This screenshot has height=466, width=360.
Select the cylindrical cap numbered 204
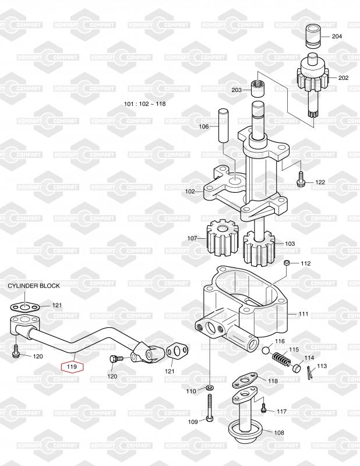coord(315,37)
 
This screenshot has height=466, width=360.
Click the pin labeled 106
coord(223,125)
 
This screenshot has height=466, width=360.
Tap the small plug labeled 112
coord(287,264)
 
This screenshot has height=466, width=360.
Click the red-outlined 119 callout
coord(72,367)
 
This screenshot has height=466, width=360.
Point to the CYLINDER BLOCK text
coord(33,286)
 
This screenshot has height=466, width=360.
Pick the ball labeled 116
coord(266,350)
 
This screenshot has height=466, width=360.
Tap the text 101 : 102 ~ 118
coord(145,104)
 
